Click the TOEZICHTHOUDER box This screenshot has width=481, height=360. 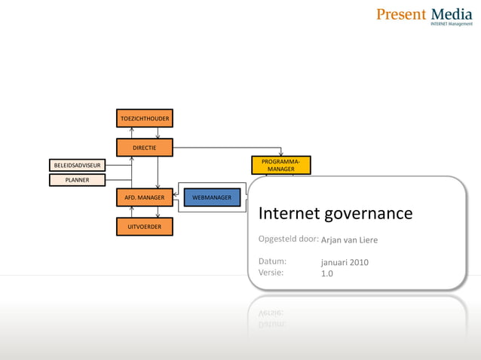[x=144, y=118]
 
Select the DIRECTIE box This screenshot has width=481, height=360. [x=144, y=148]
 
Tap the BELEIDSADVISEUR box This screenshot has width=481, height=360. [x=78, y=165]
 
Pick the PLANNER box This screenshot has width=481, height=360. [x=78, y=180]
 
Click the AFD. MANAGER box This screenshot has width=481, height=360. [x=144, y=197]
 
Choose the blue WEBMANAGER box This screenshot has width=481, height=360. [x=212, y=197]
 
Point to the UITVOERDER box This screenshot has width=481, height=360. [x=144, y=226]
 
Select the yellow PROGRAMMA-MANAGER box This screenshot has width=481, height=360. [x=280, y=166]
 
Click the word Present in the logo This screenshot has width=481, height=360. [x=401, y=14]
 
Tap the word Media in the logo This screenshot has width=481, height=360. [x=452, y=14]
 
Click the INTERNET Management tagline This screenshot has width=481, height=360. [x=451, y=24]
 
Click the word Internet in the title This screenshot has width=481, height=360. [x=289, y=214]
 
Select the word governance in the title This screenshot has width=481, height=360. [x=369, y=214]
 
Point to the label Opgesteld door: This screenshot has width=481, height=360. [x=287, y=239]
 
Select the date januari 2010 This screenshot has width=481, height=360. [x=345, y=262]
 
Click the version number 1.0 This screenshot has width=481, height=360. [x=327, y=273]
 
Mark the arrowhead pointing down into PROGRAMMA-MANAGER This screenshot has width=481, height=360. [x=280, y=154]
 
